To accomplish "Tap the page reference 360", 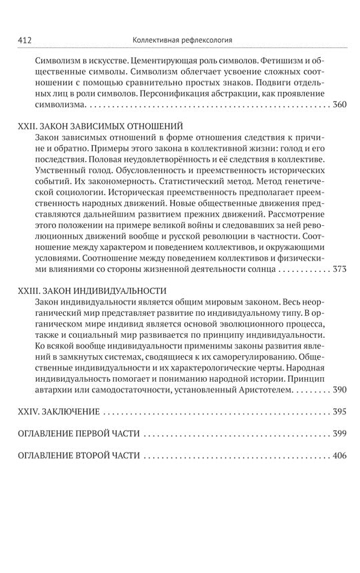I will coord(340,105).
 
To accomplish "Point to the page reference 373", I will coord(340,270).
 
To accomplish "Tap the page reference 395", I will coord(340,412).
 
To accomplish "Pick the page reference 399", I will coord(340,434).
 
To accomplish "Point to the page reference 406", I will coord(340,456).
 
